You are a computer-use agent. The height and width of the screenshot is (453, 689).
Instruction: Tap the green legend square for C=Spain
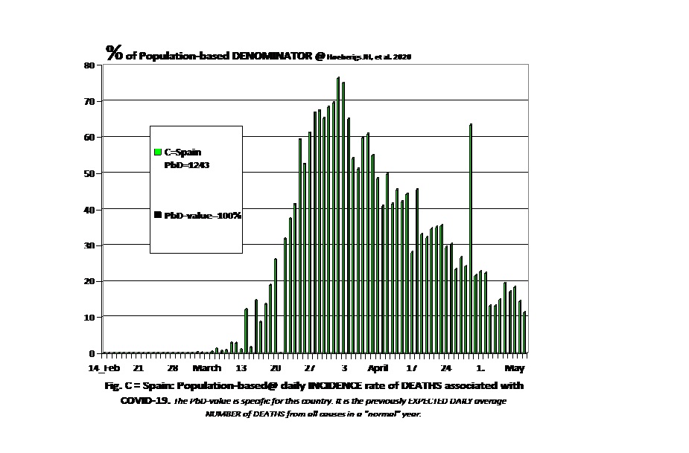(158, 152)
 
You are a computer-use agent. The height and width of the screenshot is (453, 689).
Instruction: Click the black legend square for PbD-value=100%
(158, 215)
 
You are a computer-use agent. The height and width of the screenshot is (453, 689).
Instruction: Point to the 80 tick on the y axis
(89, 65)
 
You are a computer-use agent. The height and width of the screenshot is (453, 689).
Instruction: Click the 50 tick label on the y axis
(89, 173)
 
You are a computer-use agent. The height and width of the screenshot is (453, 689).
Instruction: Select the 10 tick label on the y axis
(89, 318)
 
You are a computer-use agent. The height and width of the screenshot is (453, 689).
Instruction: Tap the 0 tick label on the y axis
(92, 353)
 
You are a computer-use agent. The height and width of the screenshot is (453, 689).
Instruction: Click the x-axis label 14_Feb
(104, 368)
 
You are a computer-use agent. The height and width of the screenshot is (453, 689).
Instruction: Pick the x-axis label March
(206, 368)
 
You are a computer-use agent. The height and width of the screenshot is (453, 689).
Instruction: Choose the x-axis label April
(378, 368)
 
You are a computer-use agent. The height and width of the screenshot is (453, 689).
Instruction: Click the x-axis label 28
(172, 368)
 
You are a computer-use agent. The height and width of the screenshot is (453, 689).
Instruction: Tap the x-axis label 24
(446, 368)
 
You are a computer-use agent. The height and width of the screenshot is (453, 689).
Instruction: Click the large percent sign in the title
(114, 52)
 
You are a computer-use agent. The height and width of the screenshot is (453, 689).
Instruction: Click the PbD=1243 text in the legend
(186, 165)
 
